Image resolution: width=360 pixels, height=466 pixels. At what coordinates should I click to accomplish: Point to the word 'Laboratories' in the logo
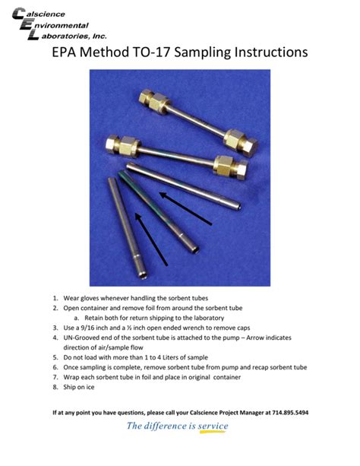[55, 35]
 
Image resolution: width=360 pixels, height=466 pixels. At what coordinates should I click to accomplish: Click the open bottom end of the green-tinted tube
[195, 249]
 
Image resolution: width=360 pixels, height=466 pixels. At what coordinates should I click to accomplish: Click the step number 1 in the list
[55, 298]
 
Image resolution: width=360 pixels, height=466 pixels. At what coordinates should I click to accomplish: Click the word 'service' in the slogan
[213, 426]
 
